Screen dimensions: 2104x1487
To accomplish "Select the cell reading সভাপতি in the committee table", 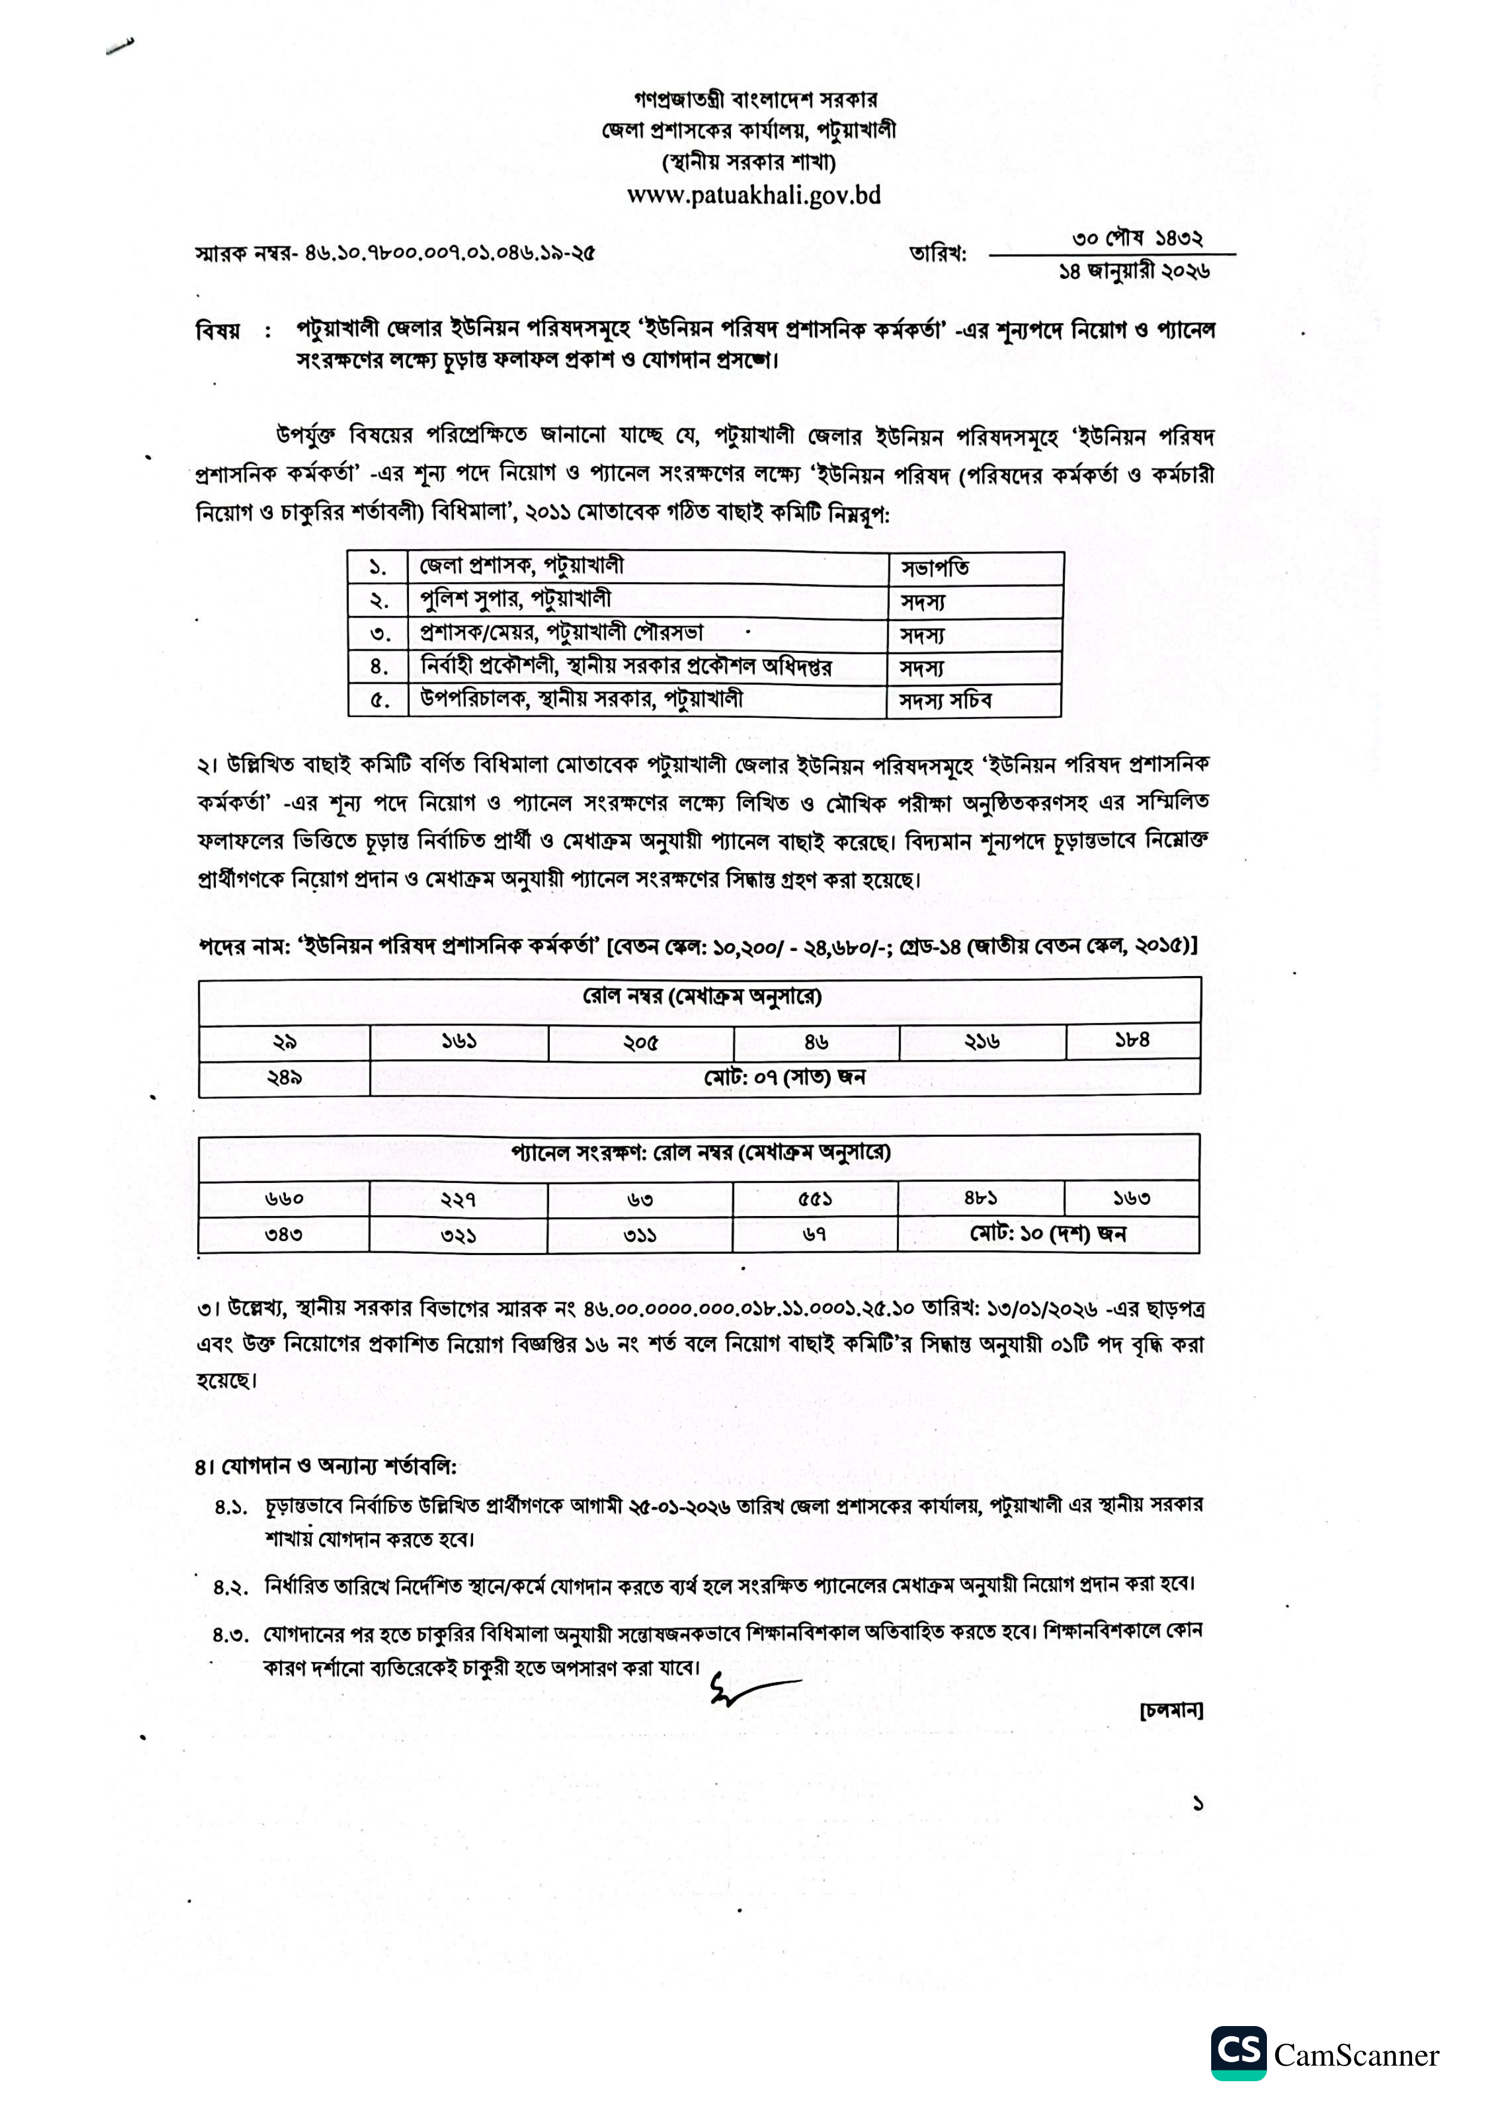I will (935, 568).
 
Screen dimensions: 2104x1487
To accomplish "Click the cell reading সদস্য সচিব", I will (946, 701).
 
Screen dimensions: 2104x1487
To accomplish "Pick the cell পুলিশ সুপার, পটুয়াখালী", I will (515, 600).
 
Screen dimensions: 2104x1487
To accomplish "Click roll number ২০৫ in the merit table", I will (640, 1043).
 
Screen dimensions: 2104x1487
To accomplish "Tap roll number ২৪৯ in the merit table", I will (284, 1077).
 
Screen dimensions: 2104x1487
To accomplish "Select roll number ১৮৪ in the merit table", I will (1133, 1040).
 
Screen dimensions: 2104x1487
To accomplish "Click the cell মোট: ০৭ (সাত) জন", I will (784, 1077).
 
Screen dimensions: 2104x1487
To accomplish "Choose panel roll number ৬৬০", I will (284, 1199).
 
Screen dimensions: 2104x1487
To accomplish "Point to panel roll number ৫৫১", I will (814, 1199).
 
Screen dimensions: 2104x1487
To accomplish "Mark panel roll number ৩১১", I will (640, 1235).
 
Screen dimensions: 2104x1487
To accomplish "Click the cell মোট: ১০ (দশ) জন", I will (1047, 1235).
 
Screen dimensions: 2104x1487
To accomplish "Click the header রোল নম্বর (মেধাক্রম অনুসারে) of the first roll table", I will (701, 997).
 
